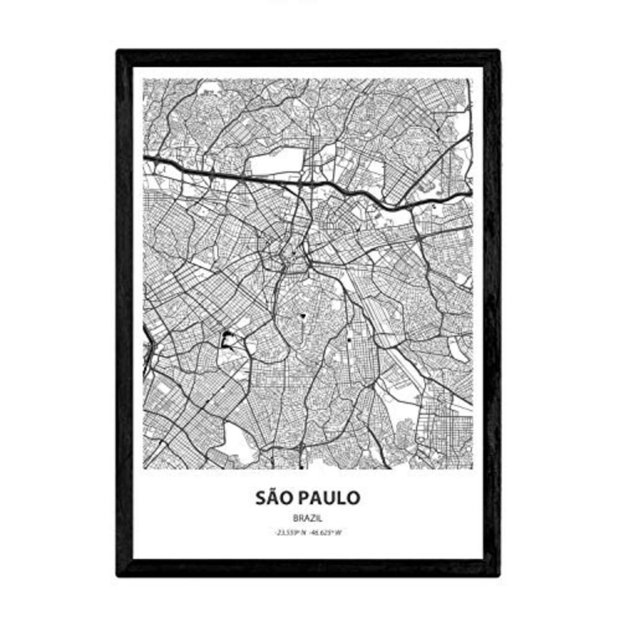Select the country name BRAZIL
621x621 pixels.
(x=307, y=517)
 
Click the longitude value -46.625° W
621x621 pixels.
(x=327, y=532)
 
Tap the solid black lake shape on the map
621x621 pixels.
(x=226, y=339)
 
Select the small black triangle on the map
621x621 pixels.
(x=303, y=316)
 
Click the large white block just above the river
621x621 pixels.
(x=273, y=165)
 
